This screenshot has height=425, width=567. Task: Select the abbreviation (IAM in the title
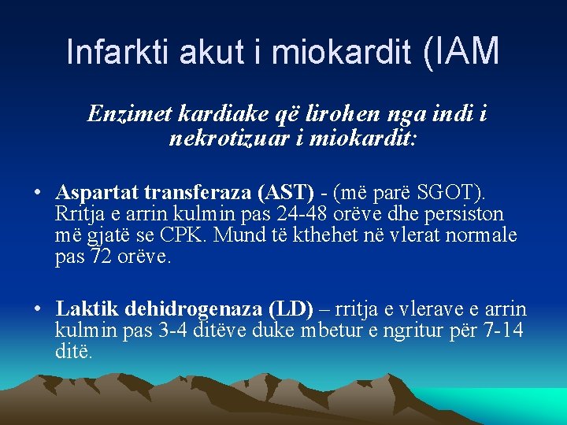click(x=461, y=50)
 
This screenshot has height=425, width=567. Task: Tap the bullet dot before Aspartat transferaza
click(x=38, y=193)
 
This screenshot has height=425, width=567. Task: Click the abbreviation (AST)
click(x=288, y=193)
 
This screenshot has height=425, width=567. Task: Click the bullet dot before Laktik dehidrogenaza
click(x=38, y=309)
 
